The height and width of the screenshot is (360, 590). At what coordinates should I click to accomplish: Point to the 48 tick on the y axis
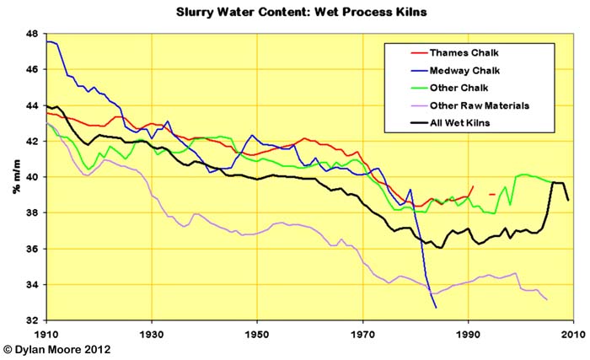click(x=32, y=35)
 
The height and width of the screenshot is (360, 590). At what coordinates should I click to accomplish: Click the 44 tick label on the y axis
click(x=32, y=106)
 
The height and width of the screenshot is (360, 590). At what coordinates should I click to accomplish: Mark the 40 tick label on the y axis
click(x=32, y=178)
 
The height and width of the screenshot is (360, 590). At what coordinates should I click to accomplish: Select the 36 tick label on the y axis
click(x=32, y=250)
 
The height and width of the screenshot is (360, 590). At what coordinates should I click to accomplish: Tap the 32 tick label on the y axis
click(x=32, y=321)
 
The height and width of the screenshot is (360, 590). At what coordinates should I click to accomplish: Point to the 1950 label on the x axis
click(x=257, y=334)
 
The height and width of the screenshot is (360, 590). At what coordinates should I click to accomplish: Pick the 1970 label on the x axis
click(x=362, y=334)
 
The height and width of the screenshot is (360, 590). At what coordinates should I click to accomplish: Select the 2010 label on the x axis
click(x=572, y=334)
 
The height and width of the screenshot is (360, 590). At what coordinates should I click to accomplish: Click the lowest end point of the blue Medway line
click(x=436, y=308)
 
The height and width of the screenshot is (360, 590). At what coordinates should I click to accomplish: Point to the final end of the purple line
click(x=546, y=299)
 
